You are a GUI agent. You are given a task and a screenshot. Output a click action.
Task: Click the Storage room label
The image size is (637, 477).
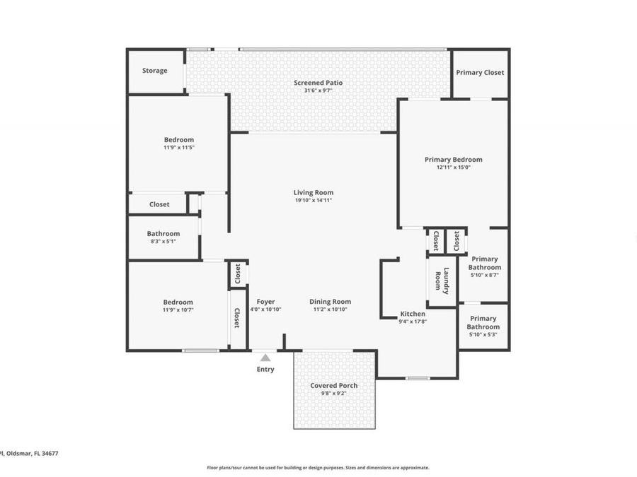pos(154,71)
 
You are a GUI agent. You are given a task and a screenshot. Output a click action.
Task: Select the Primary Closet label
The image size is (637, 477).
pos(479,73)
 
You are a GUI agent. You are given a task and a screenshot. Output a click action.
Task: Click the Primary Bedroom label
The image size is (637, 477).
pos(453,160)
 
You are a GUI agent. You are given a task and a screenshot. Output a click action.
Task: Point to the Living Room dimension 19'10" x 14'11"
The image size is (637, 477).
pos(313,201)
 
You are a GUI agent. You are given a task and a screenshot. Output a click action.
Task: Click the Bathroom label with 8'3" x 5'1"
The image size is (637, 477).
pos(163,234)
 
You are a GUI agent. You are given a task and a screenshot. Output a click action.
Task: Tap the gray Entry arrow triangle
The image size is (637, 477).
pos(265,358)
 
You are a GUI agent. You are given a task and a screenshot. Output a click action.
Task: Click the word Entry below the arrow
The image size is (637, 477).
pos(265,370)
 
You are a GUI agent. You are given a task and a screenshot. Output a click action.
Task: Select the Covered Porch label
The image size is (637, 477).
pos(333,386)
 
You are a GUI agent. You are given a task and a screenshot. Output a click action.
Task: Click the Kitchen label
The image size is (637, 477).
pos(413,314)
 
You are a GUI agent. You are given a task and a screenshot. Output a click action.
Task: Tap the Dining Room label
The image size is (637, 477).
pos(330,302)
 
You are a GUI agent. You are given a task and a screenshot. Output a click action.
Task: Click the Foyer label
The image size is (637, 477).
pos(265,302)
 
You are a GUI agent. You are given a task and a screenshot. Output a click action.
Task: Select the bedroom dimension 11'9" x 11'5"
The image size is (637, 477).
pos(178,148)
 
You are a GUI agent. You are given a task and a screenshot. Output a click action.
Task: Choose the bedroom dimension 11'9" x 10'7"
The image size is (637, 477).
pos(178,310)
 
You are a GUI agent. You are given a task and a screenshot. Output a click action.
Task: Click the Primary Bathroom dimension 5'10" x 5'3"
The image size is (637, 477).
pos(483,335)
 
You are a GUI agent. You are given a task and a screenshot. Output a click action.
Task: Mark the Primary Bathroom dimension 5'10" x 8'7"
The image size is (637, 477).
pos(484,275)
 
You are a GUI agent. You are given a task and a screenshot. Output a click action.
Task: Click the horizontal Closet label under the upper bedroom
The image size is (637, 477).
pos(159,204)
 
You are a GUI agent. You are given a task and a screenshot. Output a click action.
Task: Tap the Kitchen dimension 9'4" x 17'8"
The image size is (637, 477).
pos(413,322)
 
